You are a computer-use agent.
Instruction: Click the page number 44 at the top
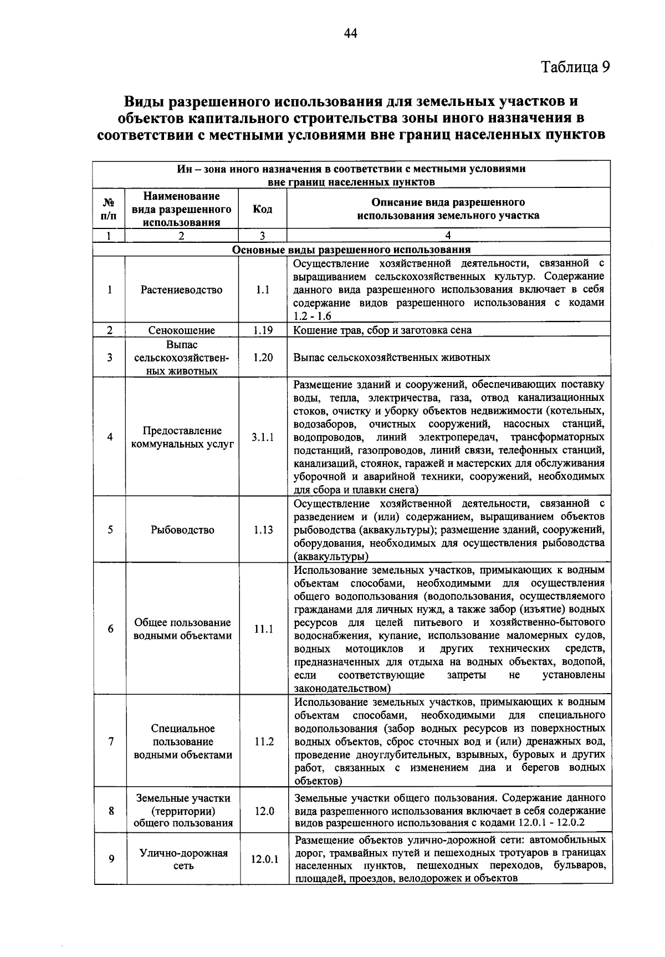[350, 34]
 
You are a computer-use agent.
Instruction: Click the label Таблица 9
[576, 67]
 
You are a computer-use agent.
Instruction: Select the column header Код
[262, 209]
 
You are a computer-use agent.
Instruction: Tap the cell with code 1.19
[263, 330]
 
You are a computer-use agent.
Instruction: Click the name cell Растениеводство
[181, 290]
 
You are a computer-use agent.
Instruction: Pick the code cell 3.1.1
[263, 437]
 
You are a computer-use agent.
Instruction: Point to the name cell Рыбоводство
[182, 530]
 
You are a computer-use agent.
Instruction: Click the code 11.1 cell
[264, 629]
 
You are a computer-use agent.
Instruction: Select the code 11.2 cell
[264, 742]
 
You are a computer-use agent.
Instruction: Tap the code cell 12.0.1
[265, 859]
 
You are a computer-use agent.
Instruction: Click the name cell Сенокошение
[181, 330]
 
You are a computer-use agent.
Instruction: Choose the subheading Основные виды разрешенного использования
[351, 250]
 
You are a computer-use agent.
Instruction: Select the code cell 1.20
[263, 358]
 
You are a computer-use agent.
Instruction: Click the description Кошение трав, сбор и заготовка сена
[382, 330]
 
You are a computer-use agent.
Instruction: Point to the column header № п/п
[109, 209]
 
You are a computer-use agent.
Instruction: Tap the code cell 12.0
[264, 811]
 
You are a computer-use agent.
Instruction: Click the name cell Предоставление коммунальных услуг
[182, 437]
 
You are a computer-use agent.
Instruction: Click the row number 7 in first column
[111, 742]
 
